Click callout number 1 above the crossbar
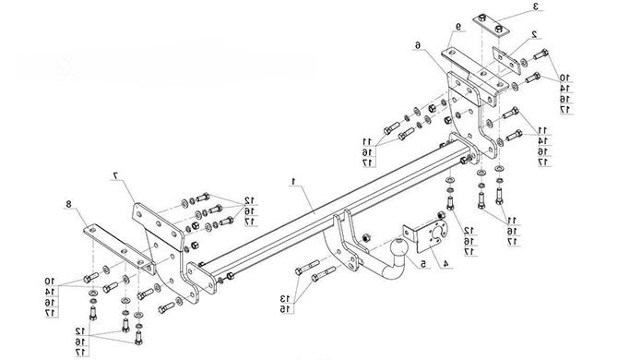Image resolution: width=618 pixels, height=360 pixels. [x=293, y=181]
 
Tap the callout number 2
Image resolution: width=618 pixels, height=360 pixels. [x=534, y=35]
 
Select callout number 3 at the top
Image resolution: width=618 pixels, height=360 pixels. [x=536, y=6]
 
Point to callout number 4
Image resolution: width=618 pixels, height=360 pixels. [x=446, y=264]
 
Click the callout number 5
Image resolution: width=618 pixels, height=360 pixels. [x=423, y=264]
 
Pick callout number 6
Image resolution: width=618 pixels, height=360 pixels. [x=418, y=45]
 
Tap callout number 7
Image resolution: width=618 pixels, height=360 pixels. [x=116, y=175]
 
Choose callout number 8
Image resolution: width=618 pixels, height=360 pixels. [x=68, y=204]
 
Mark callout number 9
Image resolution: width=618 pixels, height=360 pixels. [x=458, y=27]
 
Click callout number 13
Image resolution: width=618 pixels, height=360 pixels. [x=285, y=298]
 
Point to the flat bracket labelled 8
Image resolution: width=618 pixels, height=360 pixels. [x=119, y=248]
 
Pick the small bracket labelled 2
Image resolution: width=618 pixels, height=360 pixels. [x=506, y=60]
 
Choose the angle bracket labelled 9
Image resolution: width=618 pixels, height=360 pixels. [x=472, y=76]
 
